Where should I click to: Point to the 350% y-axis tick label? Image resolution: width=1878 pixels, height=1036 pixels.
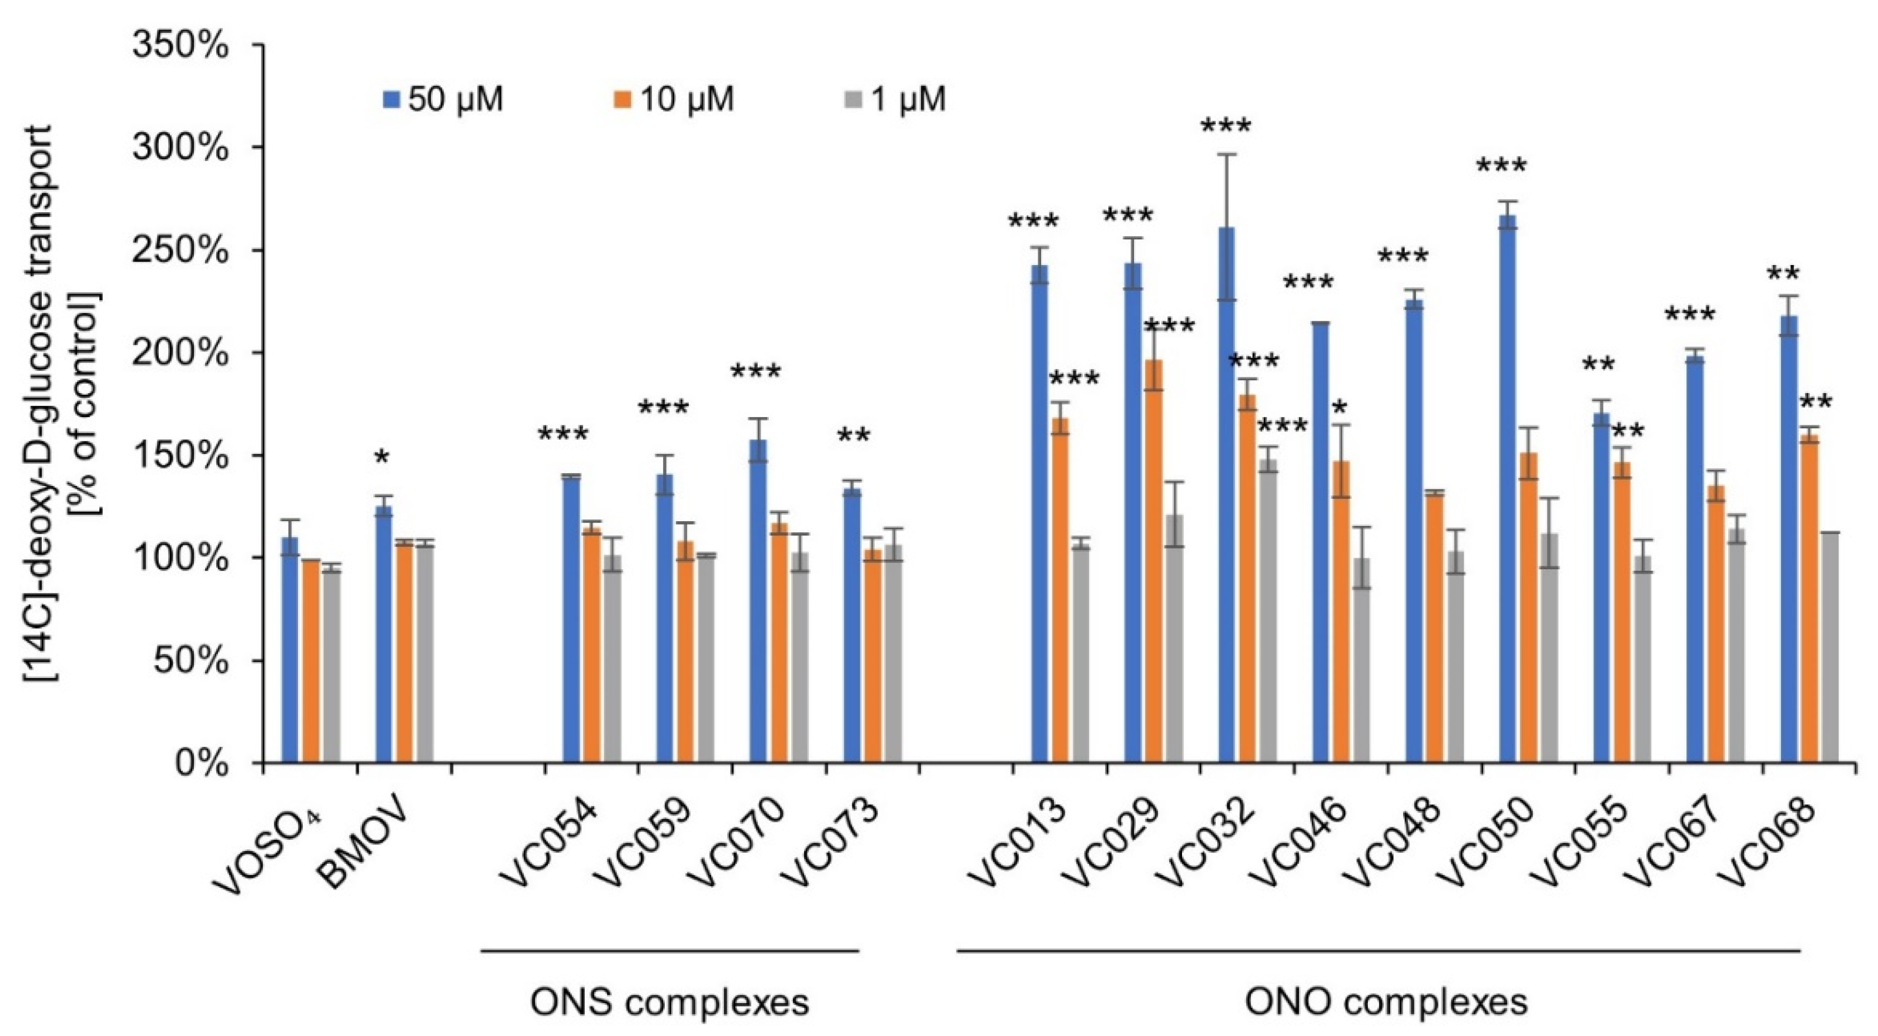click(x=179, y=45)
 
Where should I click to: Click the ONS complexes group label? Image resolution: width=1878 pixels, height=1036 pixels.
click(x=669, y=1003)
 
